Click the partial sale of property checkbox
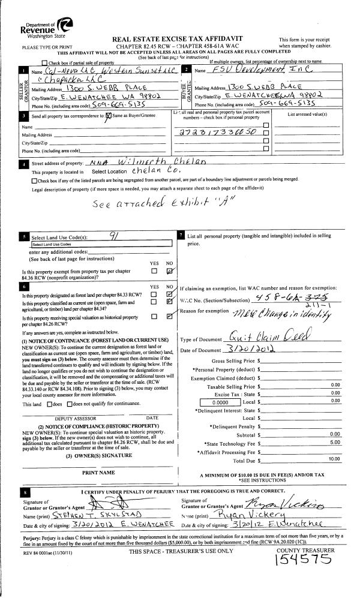[x=44, y=63]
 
